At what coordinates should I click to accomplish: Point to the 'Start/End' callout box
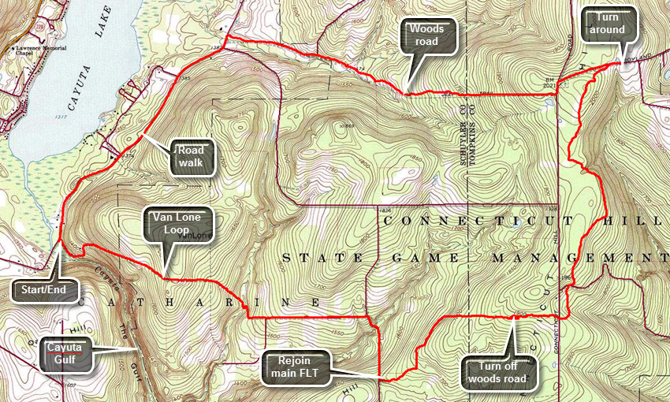pyautogui.click(x=44, y=290)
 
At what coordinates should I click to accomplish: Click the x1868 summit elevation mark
pyautogui.click(x=345, y=126)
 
